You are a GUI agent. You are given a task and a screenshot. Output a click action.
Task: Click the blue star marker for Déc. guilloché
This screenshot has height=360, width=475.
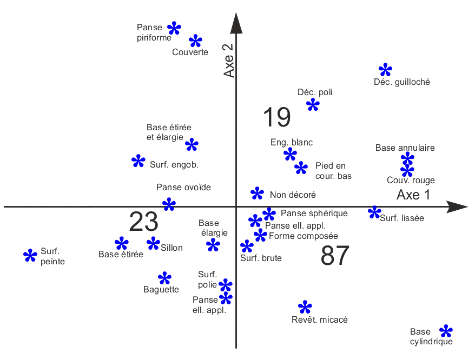point(385,70)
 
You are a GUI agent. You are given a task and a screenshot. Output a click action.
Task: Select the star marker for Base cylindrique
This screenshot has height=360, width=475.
point(446,331)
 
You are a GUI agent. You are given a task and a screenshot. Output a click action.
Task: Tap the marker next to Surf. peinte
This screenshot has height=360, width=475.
point(30,256)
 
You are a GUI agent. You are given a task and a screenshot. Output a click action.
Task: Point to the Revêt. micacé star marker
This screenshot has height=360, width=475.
point(305,308)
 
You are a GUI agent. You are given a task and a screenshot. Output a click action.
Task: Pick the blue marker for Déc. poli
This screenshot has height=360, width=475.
point(313,104)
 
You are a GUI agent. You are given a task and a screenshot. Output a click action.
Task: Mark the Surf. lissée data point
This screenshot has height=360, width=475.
point(374,212)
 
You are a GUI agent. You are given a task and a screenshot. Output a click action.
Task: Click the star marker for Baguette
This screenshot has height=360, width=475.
point(164,278)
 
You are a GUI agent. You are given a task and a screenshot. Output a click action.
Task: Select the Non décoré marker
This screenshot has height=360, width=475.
point(258,194)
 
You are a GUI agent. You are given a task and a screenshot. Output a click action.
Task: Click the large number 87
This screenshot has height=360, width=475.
point(335,256)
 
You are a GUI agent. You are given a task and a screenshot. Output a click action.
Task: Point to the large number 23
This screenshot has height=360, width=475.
point(143,222)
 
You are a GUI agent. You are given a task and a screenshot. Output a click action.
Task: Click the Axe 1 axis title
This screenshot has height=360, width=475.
point(413,195)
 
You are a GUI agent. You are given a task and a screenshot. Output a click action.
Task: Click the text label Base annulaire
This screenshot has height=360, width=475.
point(405,148)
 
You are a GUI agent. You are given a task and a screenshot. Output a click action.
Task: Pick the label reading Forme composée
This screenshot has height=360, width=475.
point(303,236)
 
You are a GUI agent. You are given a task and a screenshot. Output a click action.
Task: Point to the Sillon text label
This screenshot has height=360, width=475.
point(172,248)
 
